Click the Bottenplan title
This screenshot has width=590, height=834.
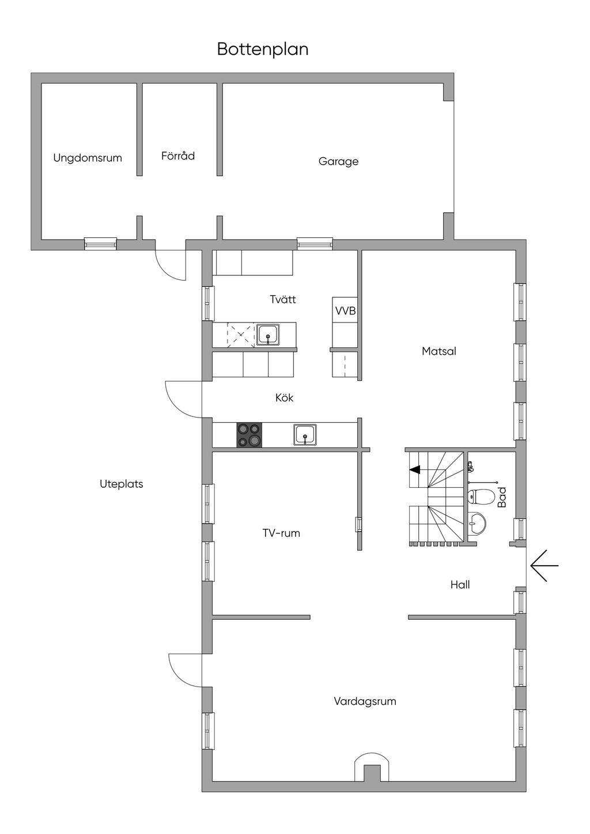(263, 50)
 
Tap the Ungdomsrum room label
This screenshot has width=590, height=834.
(88, 158)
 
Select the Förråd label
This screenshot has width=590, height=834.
(178, 156)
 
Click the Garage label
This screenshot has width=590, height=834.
(338, 161)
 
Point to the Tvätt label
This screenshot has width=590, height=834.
(283, 300)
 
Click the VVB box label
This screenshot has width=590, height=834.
(345, 311)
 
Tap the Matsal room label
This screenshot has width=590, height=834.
(438, 351)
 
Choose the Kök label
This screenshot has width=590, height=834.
(284, 397)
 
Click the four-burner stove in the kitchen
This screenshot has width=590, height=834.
(249, 435)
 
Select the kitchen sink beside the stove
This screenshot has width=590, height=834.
(305, 434)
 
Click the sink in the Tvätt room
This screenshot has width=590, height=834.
(268, 334)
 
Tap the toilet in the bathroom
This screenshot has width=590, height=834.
(481, 496)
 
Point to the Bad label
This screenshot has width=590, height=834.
(502, 497)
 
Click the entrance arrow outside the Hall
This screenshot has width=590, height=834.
(544, 566)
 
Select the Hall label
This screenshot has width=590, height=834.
(460, 585)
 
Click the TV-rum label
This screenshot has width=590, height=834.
(281, 533)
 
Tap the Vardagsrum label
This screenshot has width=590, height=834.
(365, 701)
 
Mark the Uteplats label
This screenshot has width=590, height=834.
(121, 484)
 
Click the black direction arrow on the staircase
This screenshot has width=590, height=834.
(415, 469)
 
